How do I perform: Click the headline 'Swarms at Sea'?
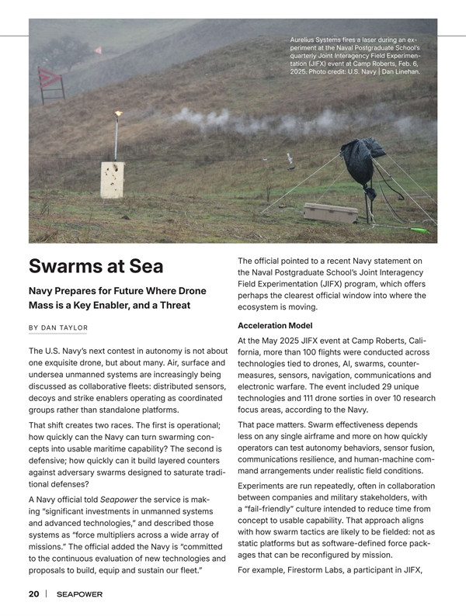96,266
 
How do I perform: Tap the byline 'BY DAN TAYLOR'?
57,327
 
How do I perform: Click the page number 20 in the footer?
34,594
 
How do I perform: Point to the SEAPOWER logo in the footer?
80,594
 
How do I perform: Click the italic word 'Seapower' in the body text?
116,499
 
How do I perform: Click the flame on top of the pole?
118,114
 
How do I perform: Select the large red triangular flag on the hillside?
50,77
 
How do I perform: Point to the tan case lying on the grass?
330,212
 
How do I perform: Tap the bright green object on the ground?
419,230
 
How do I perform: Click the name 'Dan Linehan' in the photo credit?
402,71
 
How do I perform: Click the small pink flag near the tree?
97,50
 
